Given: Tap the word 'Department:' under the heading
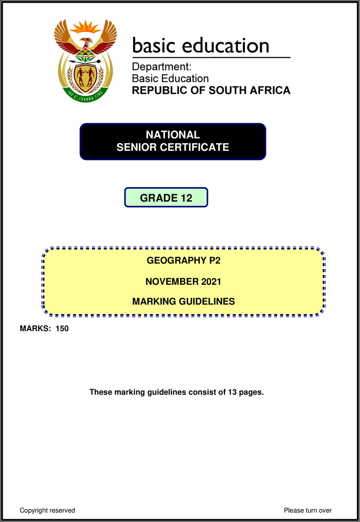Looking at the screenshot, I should pos(162,67).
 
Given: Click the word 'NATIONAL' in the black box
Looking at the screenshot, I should pos(173,135).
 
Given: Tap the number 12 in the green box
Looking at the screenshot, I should pos(185,198).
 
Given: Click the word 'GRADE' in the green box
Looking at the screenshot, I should pos(156,198).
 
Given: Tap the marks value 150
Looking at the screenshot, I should pos(62,329).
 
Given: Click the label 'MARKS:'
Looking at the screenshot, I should pos(36,329).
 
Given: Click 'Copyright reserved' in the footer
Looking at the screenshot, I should pos(47,510).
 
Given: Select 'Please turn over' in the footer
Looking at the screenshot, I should pos(308,510).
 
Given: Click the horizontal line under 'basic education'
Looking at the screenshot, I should pos(211,58).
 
